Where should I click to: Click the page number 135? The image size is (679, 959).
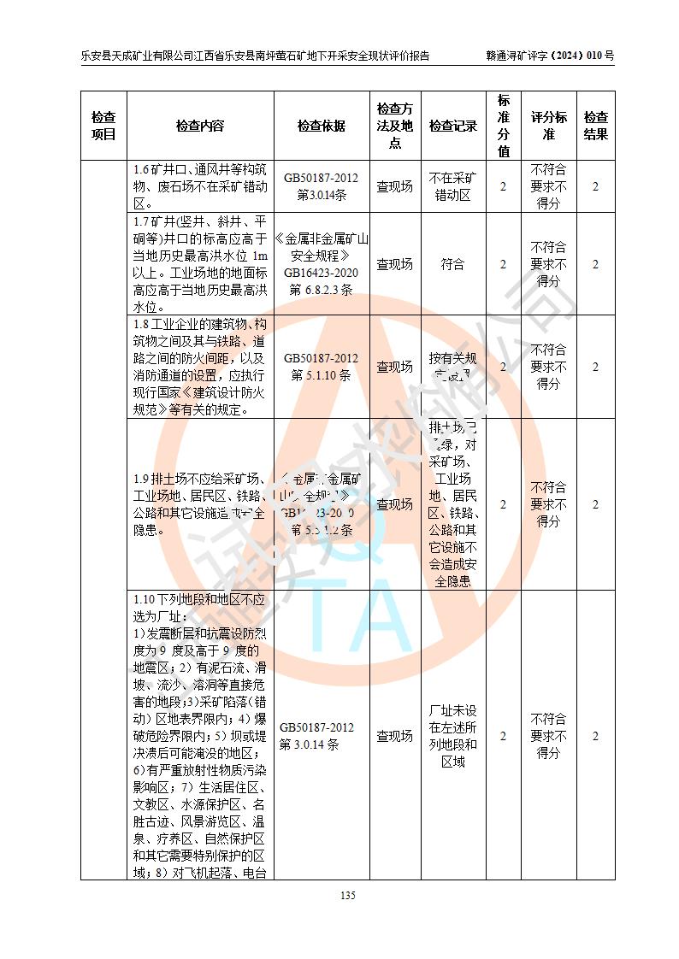(x=347, y=896)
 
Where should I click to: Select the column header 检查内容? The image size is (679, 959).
(x=200, y=126)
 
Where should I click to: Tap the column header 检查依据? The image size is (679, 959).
(x=322, y=126)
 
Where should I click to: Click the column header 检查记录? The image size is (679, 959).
(x=453, y=126)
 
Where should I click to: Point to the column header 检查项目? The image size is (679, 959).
(x=103, y=126)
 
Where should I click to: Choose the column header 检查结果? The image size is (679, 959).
(x=596, y=126)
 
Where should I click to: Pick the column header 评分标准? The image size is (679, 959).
(x=549, y=126)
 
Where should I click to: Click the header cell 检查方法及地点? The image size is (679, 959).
(x=395, y=126)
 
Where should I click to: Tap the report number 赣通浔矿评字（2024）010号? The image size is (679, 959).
(x=550, y=56)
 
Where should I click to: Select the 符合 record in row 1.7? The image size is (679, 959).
(x=453, y=264)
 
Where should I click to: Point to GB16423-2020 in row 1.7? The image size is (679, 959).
(x=322, y=273)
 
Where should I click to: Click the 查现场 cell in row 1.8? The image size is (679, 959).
(x=395, y=367)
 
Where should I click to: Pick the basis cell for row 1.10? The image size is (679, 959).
(x=322, y=736)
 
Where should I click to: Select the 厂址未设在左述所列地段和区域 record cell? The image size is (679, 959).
(x=453, y=736)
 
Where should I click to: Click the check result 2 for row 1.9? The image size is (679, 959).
(x=596, y=504)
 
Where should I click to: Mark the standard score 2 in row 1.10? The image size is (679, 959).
(x=503, y=736)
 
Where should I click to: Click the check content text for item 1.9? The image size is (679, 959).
(x=200, y=504)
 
